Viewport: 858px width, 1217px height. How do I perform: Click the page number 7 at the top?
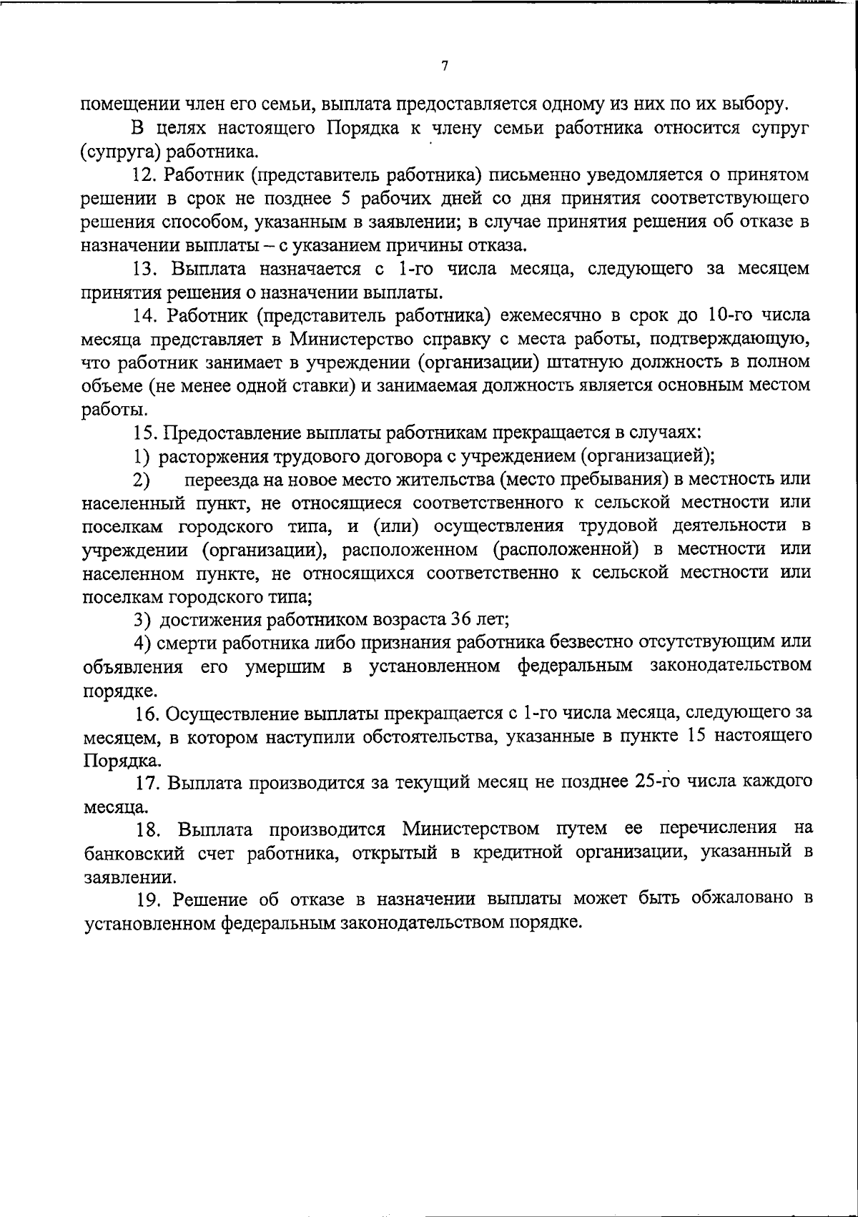point(445,66)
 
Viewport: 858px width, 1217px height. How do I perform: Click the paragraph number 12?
point(147,174)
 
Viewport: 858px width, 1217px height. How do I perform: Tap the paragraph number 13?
point(147,269)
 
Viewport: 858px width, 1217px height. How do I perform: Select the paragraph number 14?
point(147,315)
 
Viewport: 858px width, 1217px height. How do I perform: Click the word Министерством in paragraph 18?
point(473,829)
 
